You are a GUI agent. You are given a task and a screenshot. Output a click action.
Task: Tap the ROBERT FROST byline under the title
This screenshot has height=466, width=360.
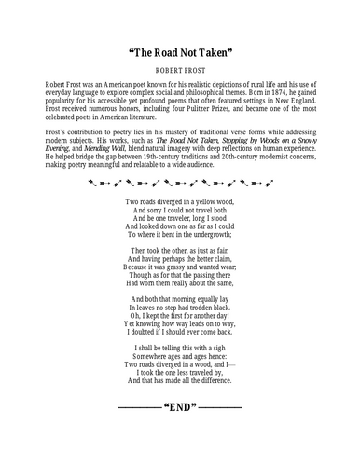pyautogui.click(x=180, y=70)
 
